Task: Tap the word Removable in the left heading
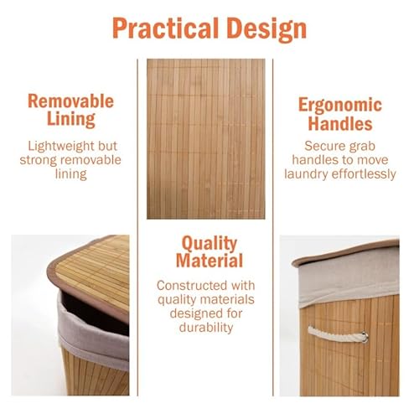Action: click(x=71, y=101)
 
